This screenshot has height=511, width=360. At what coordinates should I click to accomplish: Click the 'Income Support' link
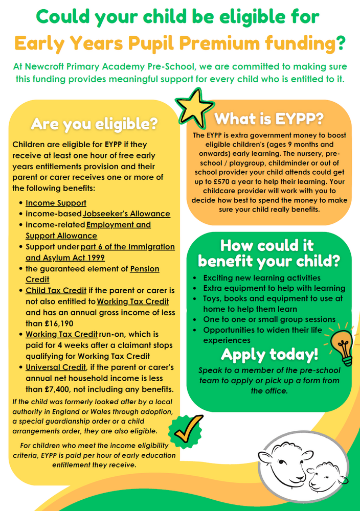coord(56,203)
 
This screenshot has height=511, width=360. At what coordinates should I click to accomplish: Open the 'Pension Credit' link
coord(145,268)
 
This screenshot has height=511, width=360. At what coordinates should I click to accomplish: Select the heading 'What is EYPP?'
coord(268,119)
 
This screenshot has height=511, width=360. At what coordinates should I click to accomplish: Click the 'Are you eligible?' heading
coord(94,124)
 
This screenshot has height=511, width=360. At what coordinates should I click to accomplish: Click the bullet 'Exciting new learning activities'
coord(262,278)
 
